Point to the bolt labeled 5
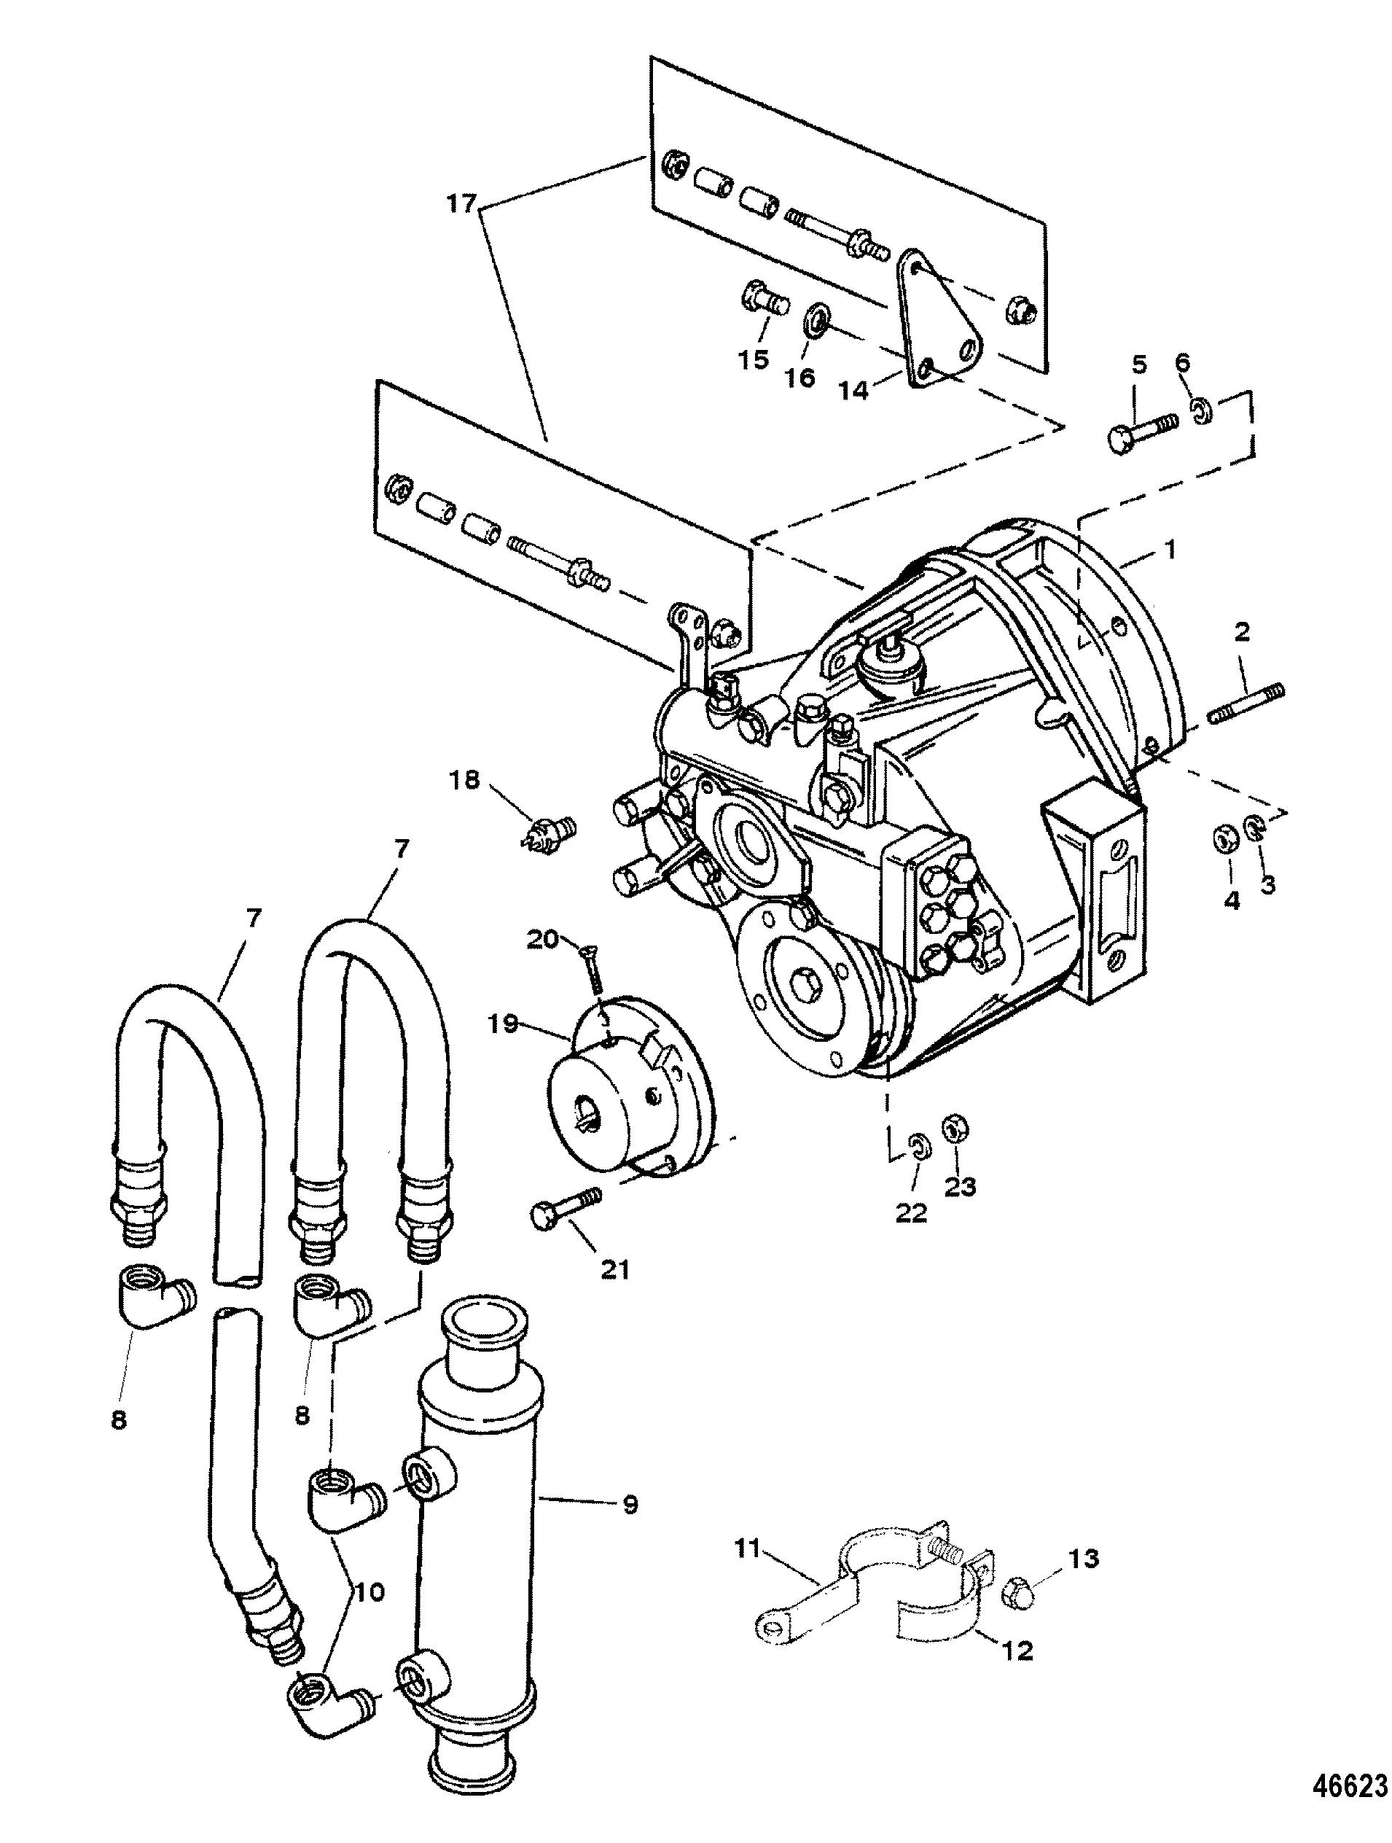point(1142,432)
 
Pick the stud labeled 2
point(1246,705)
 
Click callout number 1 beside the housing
point(1170,550)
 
